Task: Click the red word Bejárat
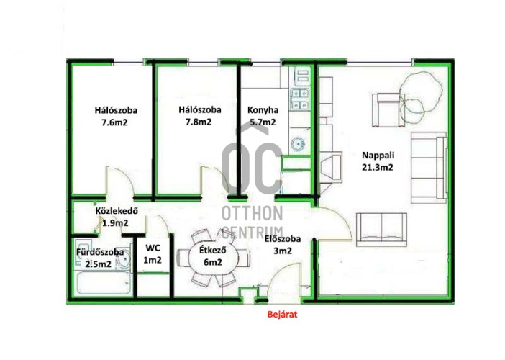pos(282,315)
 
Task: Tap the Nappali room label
pos(378,155)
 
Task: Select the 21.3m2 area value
pos(378,168)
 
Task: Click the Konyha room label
pos(263,110)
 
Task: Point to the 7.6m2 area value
pos(114,123)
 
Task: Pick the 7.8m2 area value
pos(199,122)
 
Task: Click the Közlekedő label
pos(117,211)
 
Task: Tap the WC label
pos(153,248)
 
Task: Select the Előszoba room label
pos(283,239)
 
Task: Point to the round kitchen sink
pos(298,144)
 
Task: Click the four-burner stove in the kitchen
pos(300,99)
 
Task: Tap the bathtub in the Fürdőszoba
pos(104,283)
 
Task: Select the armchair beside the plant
pos(388,110)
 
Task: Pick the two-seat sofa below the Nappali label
pos(381,230)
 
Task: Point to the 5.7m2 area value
pos(263,122)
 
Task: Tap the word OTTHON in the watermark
pos(252,213)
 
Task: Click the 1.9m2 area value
pos(115,222)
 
